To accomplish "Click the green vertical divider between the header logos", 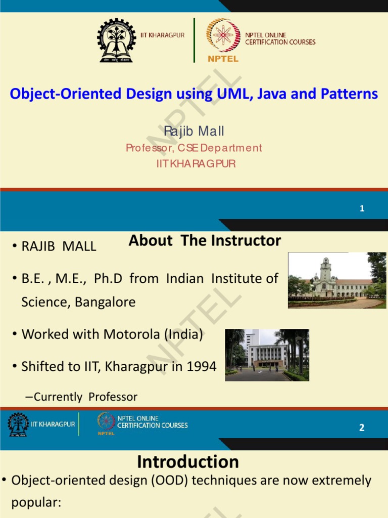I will (x=194, y=40).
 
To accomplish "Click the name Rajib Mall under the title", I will (x=194, y=132).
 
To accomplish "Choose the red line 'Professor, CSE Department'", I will (x=194, y=148).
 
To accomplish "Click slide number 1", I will (x=362, y=208).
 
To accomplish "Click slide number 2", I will (x=362, y=427).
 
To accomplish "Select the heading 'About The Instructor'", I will (x=205, y=241).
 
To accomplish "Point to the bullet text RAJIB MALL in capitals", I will (x=59, y=246).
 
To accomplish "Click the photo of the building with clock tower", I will (x=336, y=280).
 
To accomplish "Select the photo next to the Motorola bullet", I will (x=267, y=355).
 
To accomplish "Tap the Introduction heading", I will (x=188, y=461).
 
